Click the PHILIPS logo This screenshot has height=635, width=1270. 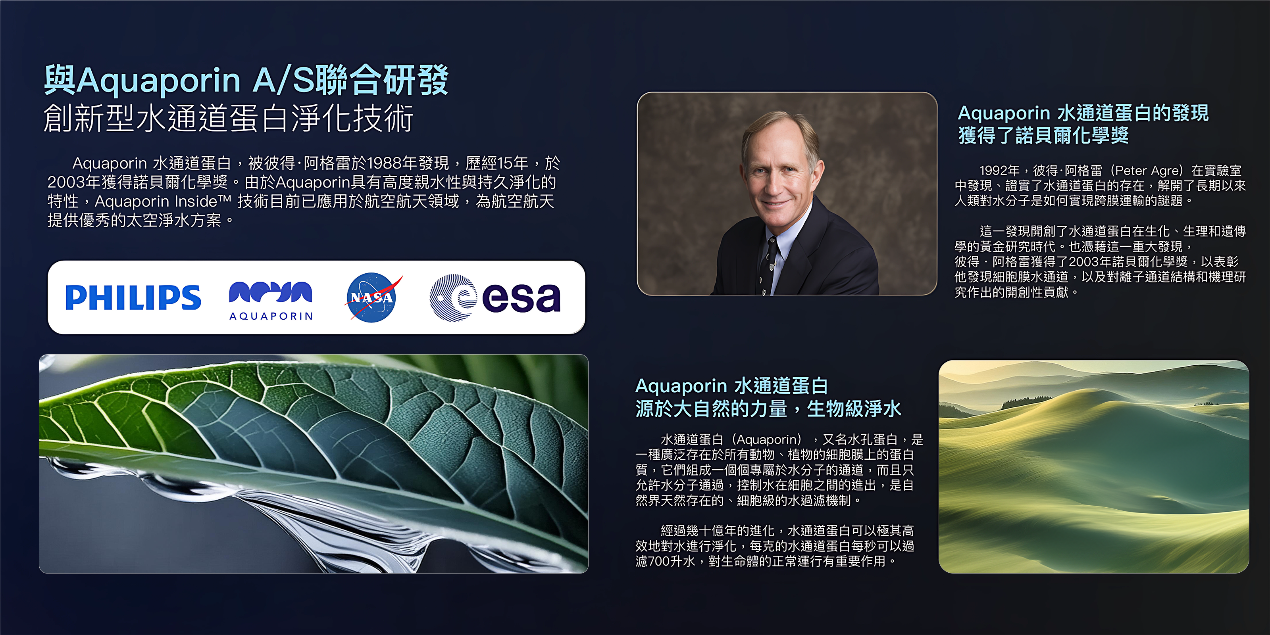pyautogui.click(x=133, y=297)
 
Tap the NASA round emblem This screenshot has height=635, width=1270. pyautogui.click(x=371, y=297)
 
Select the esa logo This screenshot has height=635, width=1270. pyautogui.click(x=495, y=297)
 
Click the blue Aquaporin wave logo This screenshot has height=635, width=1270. pyautogui.click(x=271, y=292)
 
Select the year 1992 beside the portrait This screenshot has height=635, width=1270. pyautogui.click(x=993, y=171)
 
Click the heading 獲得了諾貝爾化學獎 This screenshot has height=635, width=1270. pyautogui.click(x=1043, y=135)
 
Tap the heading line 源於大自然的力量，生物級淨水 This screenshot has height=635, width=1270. pyautogui.click(x=768, y=409)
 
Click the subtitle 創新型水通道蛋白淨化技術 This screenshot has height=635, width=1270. pyautogui.click(x=228, y=118)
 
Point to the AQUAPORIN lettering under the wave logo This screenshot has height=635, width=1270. pyautogui.click(x=271, y=316)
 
